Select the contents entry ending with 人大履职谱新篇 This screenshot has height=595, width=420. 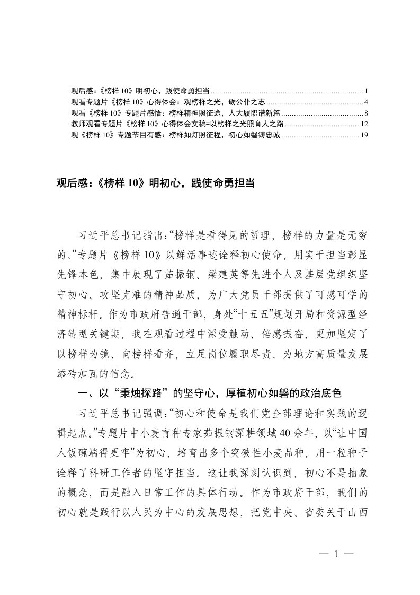click(175, 112)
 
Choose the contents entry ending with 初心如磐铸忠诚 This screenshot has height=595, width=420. click(175, 135)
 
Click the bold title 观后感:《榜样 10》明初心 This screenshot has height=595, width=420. click(156, 183)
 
